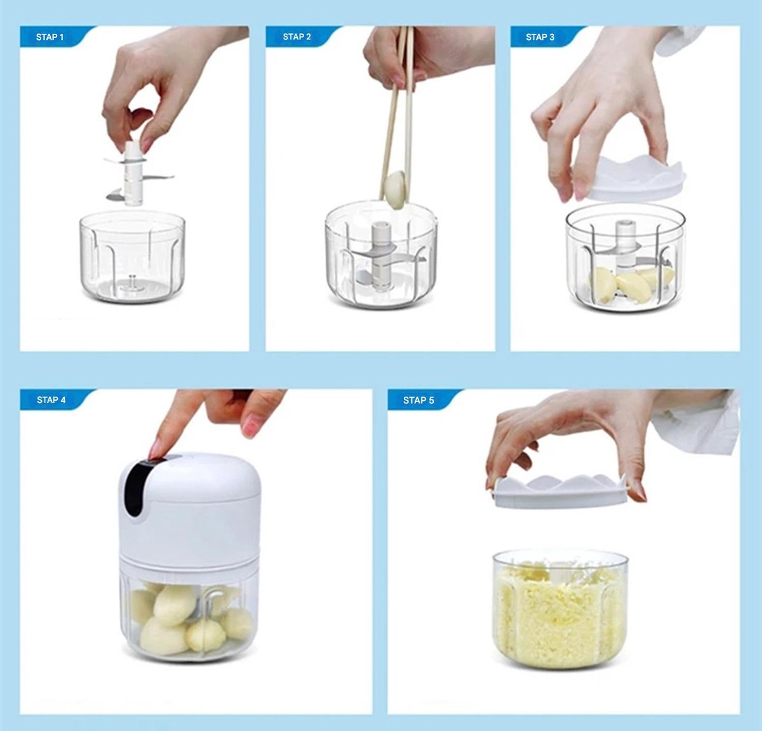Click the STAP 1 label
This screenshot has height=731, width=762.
pos(50,37)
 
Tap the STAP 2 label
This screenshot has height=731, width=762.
pos(297,37)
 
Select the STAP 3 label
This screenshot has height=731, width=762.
pos(540,37)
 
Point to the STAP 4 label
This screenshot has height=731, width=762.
pos(51,399)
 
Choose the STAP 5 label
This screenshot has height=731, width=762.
pos(418,400)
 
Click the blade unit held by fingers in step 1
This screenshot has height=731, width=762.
pos(135,175)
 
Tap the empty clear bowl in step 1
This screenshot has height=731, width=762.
pos(132,257)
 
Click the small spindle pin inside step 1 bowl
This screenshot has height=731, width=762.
pos(132,283)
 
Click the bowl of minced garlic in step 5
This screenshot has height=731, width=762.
pos(560,609)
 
